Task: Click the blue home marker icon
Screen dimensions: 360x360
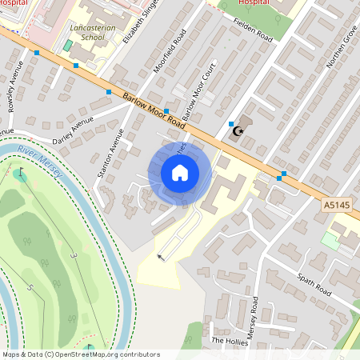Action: [x=180, y=173]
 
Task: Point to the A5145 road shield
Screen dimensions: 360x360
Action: [x=336, y=206]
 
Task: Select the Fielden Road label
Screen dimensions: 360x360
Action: [x=254, y=30]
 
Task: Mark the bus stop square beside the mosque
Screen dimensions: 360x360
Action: [x=230, y=124]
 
